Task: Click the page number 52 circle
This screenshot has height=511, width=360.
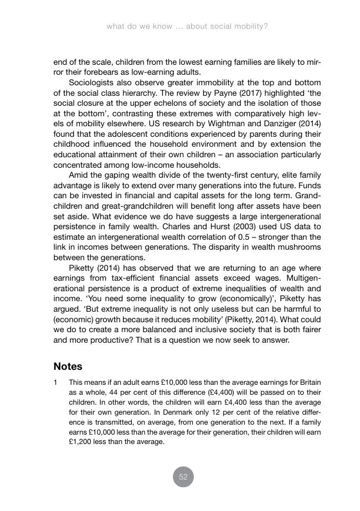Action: [x=183, y=477]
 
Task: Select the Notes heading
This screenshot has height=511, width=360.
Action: [x=68, y=367]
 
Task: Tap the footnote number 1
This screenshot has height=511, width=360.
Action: [x=56, y=383]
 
